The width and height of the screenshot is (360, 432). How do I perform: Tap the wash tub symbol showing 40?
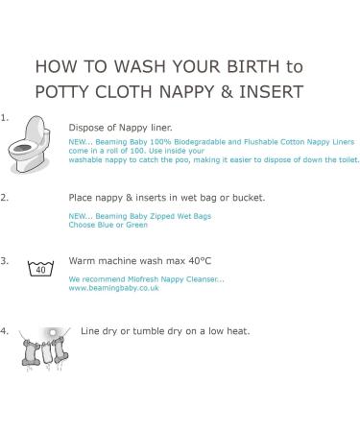(39, 268)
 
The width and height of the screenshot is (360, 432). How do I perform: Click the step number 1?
(5, 118)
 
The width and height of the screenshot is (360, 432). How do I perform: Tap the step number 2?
(5, 198)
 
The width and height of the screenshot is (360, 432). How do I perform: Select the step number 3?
(5, 260)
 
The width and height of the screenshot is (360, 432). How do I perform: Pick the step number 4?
(5, 330)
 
